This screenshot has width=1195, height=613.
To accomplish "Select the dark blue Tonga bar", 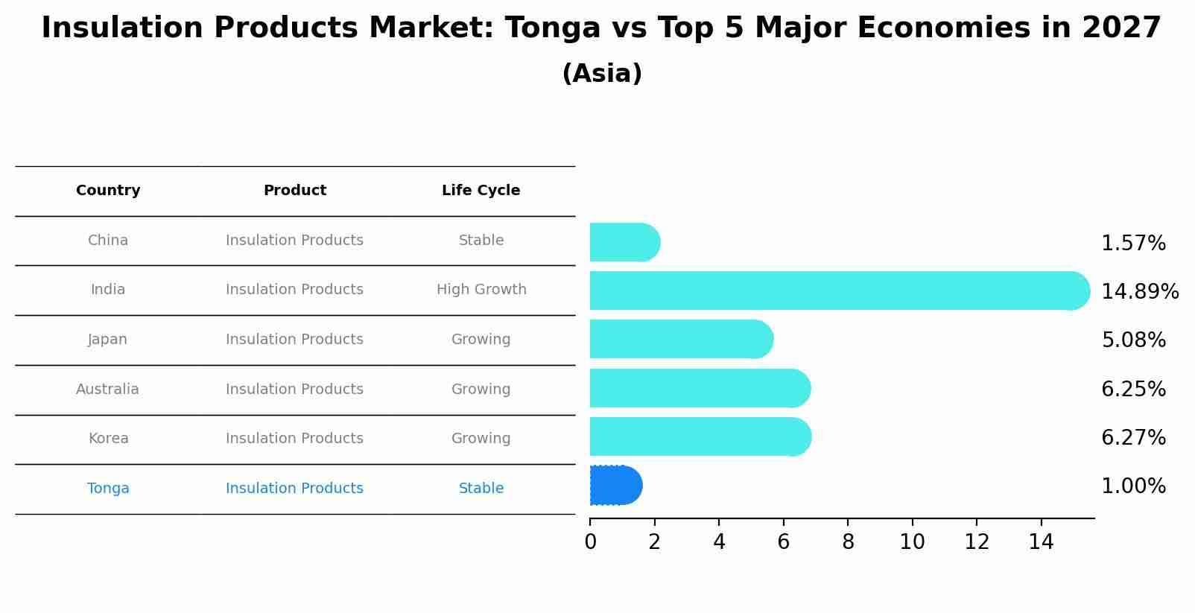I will coord(615,486).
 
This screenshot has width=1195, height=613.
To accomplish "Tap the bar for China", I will coord(624,242).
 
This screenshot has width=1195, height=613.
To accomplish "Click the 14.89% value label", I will coord(1139,291).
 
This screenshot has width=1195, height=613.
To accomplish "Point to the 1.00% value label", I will coord(1133,486).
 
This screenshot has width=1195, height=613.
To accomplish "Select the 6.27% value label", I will coord(1133,437).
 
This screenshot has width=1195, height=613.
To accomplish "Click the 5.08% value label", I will coord(1133,340).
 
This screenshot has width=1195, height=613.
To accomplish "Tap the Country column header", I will coord(108,191).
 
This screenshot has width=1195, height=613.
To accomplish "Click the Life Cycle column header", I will coord(481,191).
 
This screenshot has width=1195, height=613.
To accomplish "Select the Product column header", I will coord(294,191).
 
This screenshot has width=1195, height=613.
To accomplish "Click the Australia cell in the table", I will coord(107,389).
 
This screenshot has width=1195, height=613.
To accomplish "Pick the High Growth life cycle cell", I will coord(481,290).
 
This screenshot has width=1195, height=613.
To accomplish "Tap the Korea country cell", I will coord(108,439).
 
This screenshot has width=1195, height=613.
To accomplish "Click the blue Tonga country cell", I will coord(108,489).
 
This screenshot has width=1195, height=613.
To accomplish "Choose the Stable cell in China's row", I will coord(481,241).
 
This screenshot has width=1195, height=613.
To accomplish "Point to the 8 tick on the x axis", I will coord(848,542).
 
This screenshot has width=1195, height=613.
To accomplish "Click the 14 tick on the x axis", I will coord(1041,542).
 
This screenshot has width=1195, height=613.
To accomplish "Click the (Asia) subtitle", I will coord(602,74).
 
